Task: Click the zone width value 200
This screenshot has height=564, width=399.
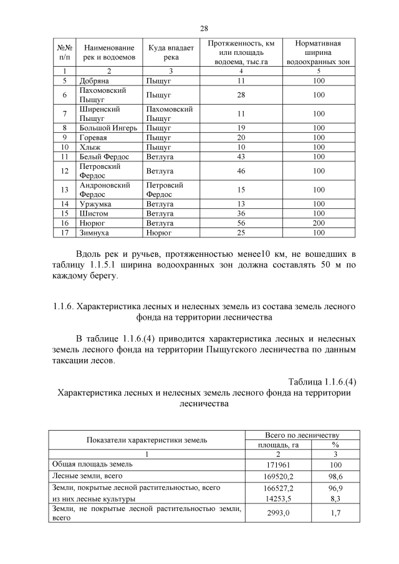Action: coord(319,223)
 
